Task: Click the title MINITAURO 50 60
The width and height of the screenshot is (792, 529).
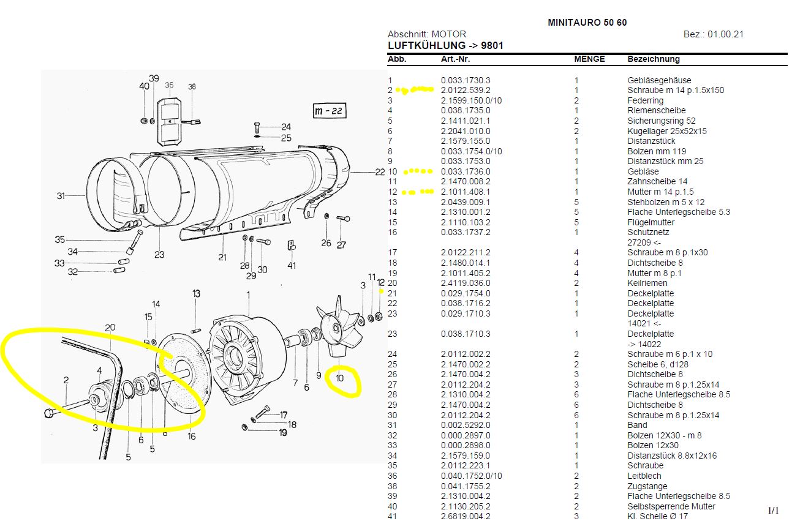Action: click(587, 23)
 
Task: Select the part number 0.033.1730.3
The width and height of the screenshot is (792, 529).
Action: click(466, 80)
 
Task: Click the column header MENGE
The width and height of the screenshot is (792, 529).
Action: click(589, 59)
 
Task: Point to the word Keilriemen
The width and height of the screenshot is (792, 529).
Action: click(647, 283)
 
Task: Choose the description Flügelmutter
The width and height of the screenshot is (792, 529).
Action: click(651, 222)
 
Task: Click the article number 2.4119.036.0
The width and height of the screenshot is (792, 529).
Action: click(466, 283)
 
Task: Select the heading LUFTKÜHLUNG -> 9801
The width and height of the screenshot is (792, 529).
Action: click(446, 46)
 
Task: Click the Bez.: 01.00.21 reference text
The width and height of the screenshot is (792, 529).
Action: click(713, 34)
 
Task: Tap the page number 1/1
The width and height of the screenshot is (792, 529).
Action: click(773, 511)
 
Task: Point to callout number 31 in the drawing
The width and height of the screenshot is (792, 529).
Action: click(61, 196)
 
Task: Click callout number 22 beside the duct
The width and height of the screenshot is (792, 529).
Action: click(380, 172)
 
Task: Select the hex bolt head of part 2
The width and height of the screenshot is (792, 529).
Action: click(50, 413)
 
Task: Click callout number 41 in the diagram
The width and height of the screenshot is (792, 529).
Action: click(292, 266)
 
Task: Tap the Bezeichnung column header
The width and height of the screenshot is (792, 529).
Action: click(653, 59)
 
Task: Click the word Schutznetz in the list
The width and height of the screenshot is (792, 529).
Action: click(648, 232)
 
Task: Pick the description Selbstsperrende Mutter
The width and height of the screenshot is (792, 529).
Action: click(671, 506)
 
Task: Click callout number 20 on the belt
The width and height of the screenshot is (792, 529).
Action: click(110, 328)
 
